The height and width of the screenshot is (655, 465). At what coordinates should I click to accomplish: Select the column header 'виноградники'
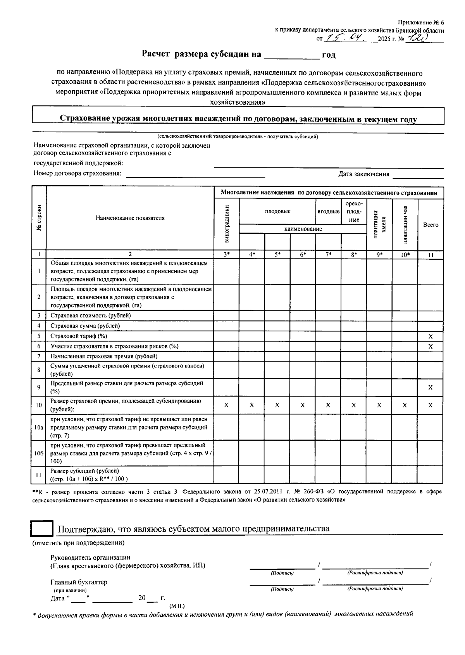(226, 224)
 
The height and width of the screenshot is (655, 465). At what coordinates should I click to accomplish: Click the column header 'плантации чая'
(405, 224)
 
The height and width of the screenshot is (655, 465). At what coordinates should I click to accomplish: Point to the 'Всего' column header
(431, 225)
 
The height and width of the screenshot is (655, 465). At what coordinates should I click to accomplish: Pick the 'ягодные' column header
(329, 211)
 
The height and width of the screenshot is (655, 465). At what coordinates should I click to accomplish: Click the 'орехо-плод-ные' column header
(354, 211)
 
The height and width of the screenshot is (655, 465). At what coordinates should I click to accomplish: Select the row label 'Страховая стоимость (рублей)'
(91, 315)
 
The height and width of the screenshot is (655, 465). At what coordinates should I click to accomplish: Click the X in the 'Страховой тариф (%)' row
(430, 336)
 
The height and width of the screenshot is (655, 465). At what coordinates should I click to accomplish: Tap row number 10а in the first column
(39, 427)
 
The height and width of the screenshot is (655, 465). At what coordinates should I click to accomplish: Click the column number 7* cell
(328, 255)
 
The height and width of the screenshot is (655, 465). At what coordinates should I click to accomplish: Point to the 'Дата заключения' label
(363, 174)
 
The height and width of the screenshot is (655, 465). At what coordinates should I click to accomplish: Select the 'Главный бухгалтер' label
(79, 582)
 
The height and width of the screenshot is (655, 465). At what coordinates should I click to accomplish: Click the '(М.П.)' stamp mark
(177, 605)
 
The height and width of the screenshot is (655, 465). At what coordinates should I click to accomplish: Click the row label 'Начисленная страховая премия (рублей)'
(104, 356)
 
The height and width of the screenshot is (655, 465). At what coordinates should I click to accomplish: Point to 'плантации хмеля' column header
(379, 224)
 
